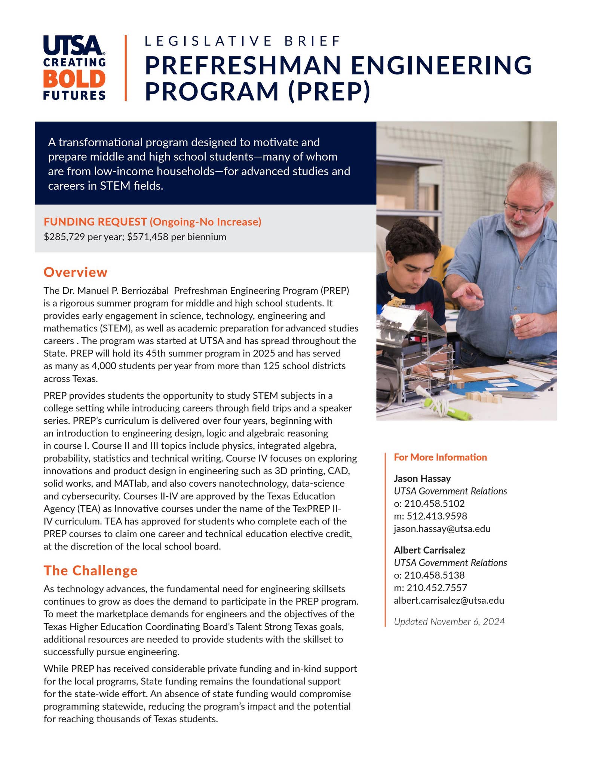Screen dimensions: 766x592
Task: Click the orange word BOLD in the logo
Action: (74, 79)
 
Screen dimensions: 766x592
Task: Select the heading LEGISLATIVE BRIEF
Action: (242, 41)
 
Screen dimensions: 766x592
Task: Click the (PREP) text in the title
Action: (329, 91)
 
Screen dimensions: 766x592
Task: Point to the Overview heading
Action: (76, 272)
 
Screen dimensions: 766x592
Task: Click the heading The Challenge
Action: (91, 570)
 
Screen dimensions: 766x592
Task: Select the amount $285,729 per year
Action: (83, 237)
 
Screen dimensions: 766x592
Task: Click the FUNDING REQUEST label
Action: (95, 222)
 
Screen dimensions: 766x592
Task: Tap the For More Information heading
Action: (440, 457)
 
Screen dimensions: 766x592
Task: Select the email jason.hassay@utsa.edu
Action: (442, 529)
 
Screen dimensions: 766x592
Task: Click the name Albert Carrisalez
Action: (429, 550)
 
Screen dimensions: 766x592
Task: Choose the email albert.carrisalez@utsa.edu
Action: (449, 601)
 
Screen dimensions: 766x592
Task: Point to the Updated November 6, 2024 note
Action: (449, 622)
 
